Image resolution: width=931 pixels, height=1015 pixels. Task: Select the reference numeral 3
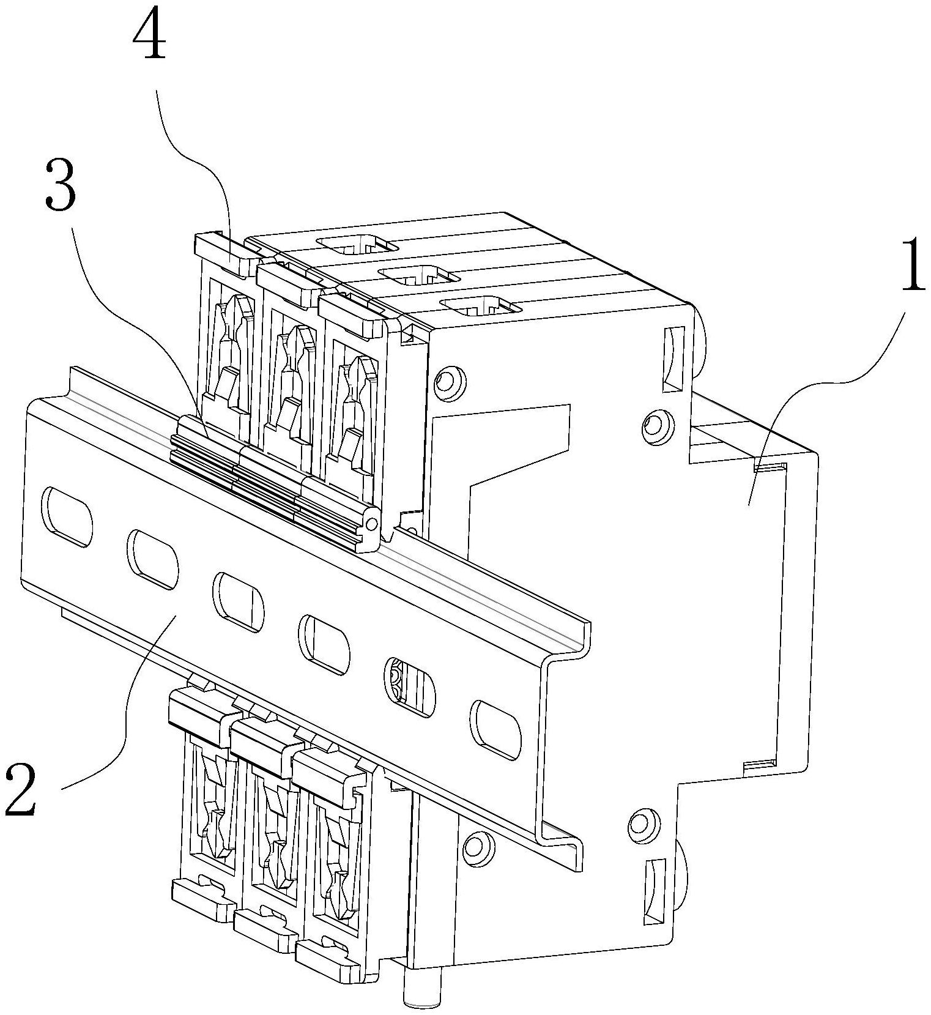[60, 185]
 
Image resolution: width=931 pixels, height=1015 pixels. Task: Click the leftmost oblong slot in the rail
[67, 515]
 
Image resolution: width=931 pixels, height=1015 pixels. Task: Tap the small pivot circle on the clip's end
[371, 524]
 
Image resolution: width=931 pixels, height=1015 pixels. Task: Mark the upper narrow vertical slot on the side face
[674, 358]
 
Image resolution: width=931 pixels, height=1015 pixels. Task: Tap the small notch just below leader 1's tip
[770, 469]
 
